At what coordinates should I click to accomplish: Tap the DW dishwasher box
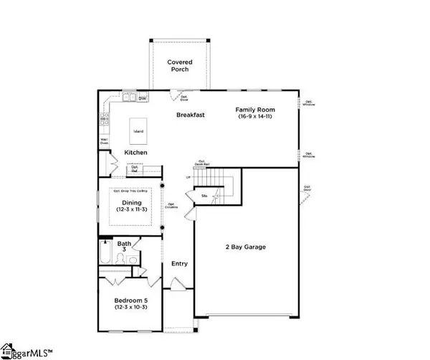click(143, 98)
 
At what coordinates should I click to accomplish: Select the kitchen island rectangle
click(136, 131)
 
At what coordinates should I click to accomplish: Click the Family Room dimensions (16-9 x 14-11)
click(256, 116)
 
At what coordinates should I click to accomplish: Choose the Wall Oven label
click(104, 141)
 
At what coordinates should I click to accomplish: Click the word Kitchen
click(136, 153)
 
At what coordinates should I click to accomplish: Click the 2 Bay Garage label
click(246, 247)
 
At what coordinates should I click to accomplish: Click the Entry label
click(179, 264)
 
